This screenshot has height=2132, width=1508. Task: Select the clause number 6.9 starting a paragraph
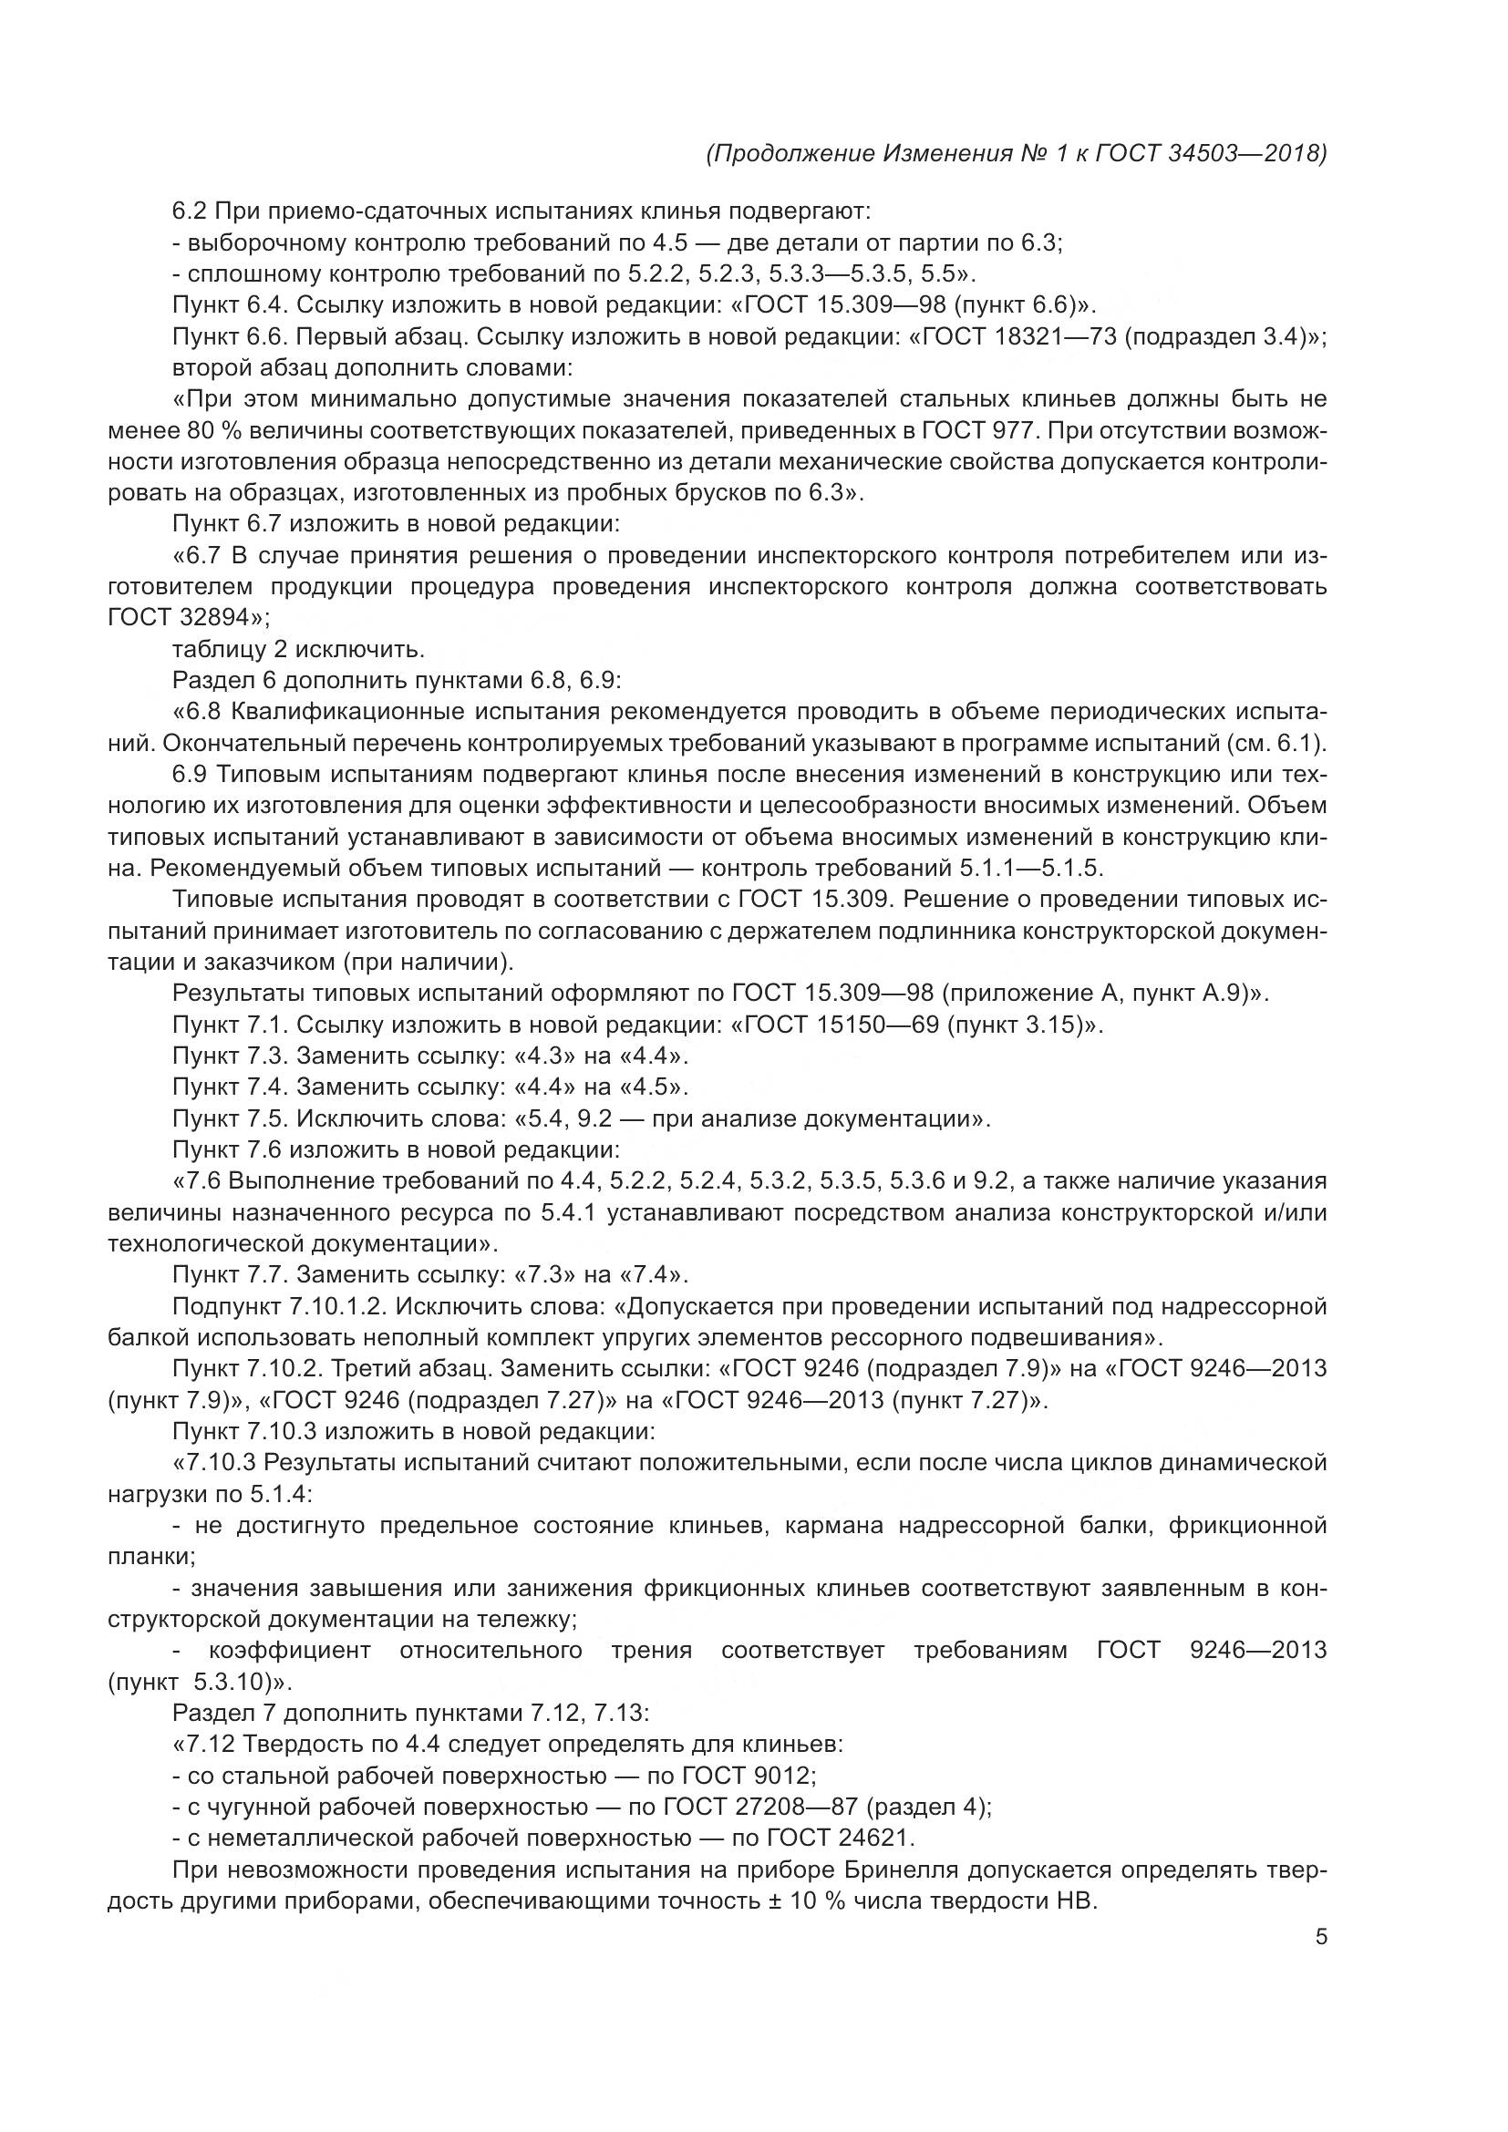coord(189,775)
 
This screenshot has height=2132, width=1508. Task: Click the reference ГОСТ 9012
coord(748,1776)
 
